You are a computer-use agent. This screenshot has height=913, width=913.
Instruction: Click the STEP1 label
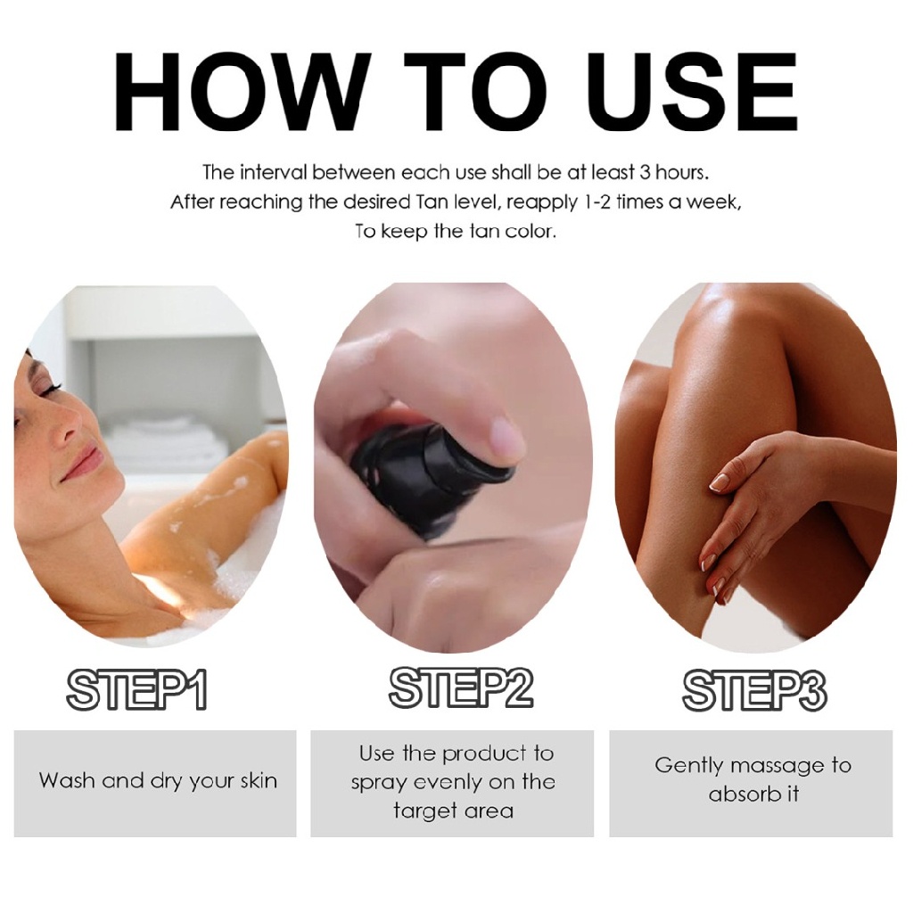(x=136, y=691)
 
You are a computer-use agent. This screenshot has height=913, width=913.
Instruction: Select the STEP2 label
(x=460, y=688)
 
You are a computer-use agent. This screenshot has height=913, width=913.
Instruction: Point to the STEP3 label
(x=753, y=691)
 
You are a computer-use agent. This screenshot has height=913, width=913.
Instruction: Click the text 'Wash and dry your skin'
(x=158, y=782)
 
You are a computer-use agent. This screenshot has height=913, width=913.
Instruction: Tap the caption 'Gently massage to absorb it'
(x=753, y=778)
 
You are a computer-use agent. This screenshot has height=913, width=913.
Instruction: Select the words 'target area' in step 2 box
(x=453, y=810)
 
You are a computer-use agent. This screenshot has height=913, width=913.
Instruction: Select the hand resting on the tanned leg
(x=758, y=499)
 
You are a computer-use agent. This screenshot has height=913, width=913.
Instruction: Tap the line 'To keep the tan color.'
(x=456, y=232)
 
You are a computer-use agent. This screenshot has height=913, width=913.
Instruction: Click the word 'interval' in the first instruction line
(x=272, y=172)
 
